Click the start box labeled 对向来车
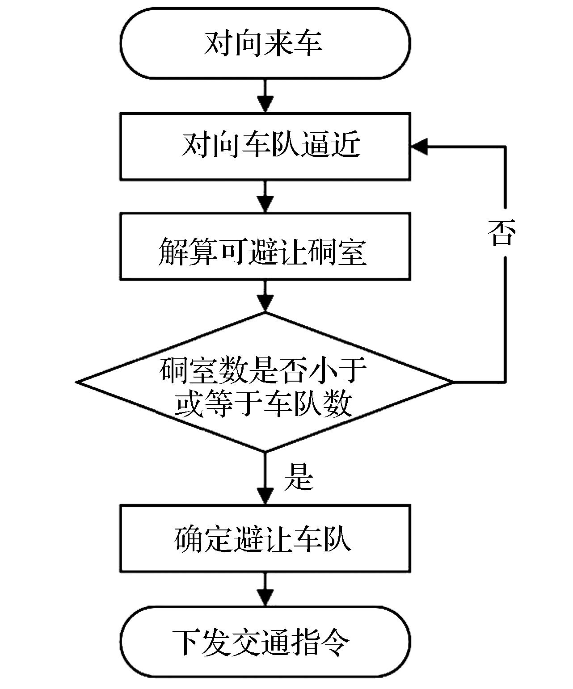265,43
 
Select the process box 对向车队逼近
265,146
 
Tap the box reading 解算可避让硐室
265,247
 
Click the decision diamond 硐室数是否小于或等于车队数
265,382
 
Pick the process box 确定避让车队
265,538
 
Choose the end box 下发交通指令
265,641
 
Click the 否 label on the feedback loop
501,233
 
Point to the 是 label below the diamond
299,476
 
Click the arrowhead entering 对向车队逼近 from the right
419,146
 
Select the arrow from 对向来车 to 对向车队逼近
265,96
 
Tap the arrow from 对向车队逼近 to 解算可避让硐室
265,197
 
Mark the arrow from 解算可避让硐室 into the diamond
265,296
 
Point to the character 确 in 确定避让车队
189,538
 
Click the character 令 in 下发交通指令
336,642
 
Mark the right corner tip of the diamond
452,382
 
